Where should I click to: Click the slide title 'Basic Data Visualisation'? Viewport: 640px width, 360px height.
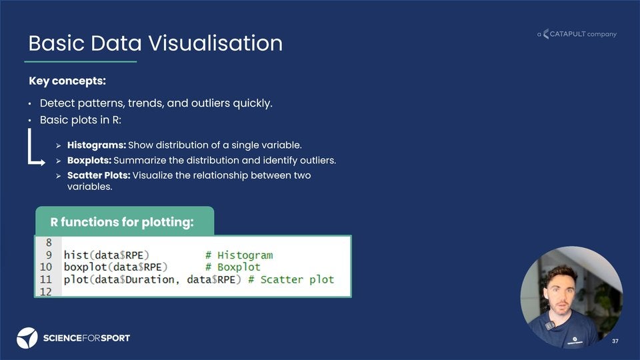[x=155, y=43]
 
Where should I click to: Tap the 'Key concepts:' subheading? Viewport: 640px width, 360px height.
[x=67, y=81]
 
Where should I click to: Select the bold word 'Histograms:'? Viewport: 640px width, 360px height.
[x=96, y=145]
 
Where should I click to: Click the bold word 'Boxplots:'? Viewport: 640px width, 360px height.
[x=89, y=161]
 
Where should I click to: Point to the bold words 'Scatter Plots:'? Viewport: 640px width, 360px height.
[x=99, y=175]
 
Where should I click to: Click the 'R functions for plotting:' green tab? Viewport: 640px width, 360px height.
[x=123, y=222]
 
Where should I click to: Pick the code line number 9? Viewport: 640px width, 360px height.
[x=49, y=255]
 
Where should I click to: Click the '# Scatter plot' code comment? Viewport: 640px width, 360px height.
[x=291, y=279]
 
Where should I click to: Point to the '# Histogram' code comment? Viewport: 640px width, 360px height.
[x=239, y=255]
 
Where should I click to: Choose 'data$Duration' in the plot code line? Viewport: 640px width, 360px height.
[x=137, y=279]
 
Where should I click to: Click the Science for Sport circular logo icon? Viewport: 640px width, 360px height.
[x=27, y=338]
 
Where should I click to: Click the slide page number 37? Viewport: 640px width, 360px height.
[x=615, y=341]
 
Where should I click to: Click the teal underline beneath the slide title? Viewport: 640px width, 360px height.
[x=81, y=62]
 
